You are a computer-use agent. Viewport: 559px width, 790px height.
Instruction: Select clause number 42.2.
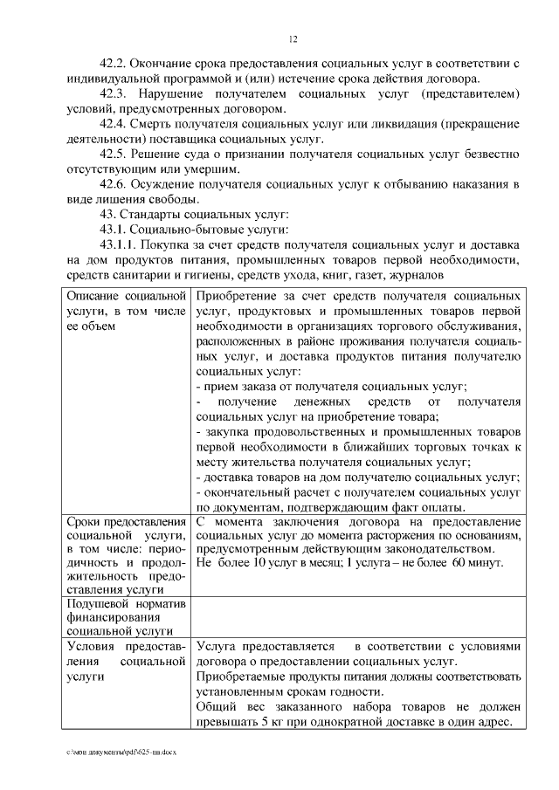pyautogui.click(x=115, y=64)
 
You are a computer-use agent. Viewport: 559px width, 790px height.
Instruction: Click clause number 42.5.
pyautogui.click(x=115, y=154)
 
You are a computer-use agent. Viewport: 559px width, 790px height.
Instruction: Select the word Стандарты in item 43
pyautogui.click(x=156, y=215)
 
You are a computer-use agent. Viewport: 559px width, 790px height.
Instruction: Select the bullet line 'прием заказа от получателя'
pyautogui.click(x=332, y=386)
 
